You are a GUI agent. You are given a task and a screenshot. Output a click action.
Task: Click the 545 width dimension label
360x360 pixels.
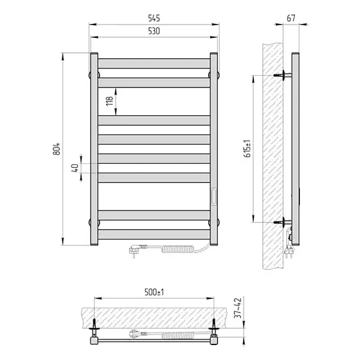pyautogui.click(x=154, y=18)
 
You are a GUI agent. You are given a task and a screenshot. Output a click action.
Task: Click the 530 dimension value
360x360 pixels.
pyautogui.click(x=154, y=31)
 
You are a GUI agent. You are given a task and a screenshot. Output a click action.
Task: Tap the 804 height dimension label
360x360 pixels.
pyautogui.click(x=56, y=149)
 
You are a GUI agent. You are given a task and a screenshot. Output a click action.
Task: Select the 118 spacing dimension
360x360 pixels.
pyautogui.click(x=110, y=101)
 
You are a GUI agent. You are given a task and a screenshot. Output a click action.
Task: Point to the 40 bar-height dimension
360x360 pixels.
pyautogui.click(x=75, y=168)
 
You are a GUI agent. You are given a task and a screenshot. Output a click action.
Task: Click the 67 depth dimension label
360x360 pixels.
pyautogui.click(x=291, y=18)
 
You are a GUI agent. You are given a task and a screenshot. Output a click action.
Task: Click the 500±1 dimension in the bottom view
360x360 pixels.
pyautogui.click(x=154, y=292)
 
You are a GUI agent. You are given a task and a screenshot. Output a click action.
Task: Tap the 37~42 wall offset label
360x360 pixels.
pyautogui.click(x=238, y=308)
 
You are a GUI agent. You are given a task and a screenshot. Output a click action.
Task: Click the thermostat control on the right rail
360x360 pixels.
pyautogui.click(x=214, y=197)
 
